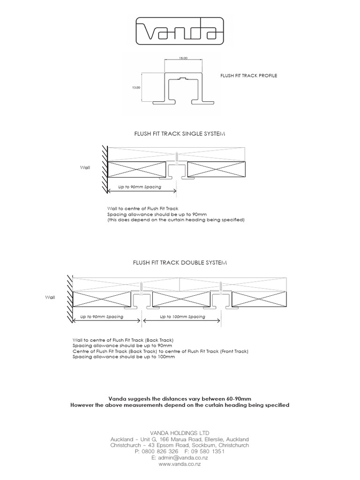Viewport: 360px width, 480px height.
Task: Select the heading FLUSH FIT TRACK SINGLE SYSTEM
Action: (x=180, y=134)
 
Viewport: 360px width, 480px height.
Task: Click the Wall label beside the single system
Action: (x=85, y=166)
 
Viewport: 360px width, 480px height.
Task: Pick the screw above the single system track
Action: (x=176, y=157)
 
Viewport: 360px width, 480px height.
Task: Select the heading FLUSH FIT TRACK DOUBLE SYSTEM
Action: (x=180, y=264)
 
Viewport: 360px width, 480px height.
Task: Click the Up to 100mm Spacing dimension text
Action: (x=182, y=317)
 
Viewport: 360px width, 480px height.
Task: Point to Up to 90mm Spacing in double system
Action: (x=102, y=317)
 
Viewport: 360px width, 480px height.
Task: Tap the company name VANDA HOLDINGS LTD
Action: (x=180, y=432)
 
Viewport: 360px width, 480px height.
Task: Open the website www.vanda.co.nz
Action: (x=180, y=464)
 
